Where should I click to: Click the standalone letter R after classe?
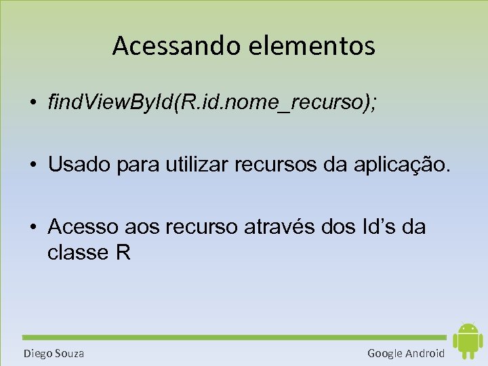(123, 252)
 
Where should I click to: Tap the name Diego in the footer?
(37, 353)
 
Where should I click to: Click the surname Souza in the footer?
(68, 353)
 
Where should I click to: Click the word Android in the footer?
(425, 353)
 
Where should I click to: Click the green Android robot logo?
(467, 340)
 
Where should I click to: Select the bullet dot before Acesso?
(33, 228)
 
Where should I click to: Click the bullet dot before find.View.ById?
(33, 104)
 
